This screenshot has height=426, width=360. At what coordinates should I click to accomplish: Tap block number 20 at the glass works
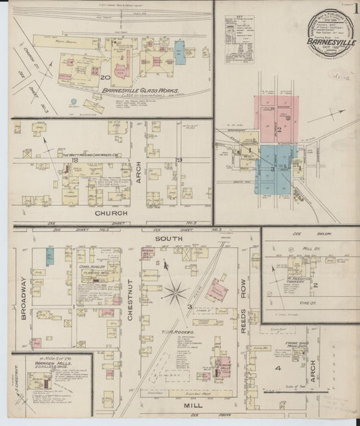(x=105, y=78)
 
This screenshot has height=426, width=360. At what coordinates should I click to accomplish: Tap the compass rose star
(x=174, y=292)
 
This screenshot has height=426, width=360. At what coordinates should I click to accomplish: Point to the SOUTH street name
(x=165, y=238)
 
